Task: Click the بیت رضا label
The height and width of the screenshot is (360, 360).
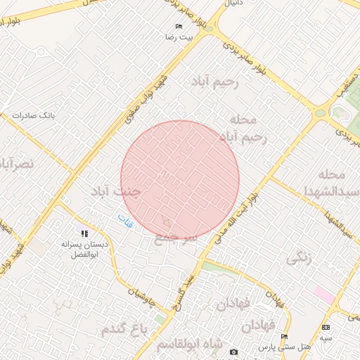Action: (x=179, y=36)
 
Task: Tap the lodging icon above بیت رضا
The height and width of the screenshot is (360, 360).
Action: (x=179, y=26)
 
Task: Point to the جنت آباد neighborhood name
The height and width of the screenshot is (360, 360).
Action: (x=117, y=191)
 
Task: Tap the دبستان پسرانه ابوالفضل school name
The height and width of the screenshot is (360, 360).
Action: (x=84, y=249)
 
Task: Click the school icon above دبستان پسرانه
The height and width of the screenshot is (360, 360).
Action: (x=84, y=233)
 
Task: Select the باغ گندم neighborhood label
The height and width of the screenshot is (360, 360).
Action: (x=126, y=329)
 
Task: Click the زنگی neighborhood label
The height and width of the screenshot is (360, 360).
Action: (x=298, y=259)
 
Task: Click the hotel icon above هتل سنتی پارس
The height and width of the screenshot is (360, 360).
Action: (x=284, y=337)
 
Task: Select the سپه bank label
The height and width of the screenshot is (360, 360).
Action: (x=326, y=337)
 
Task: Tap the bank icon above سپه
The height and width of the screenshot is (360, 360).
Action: (x=326, y=328)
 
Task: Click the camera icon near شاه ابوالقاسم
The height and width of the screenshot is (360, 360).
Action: (x=233, y=352)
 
